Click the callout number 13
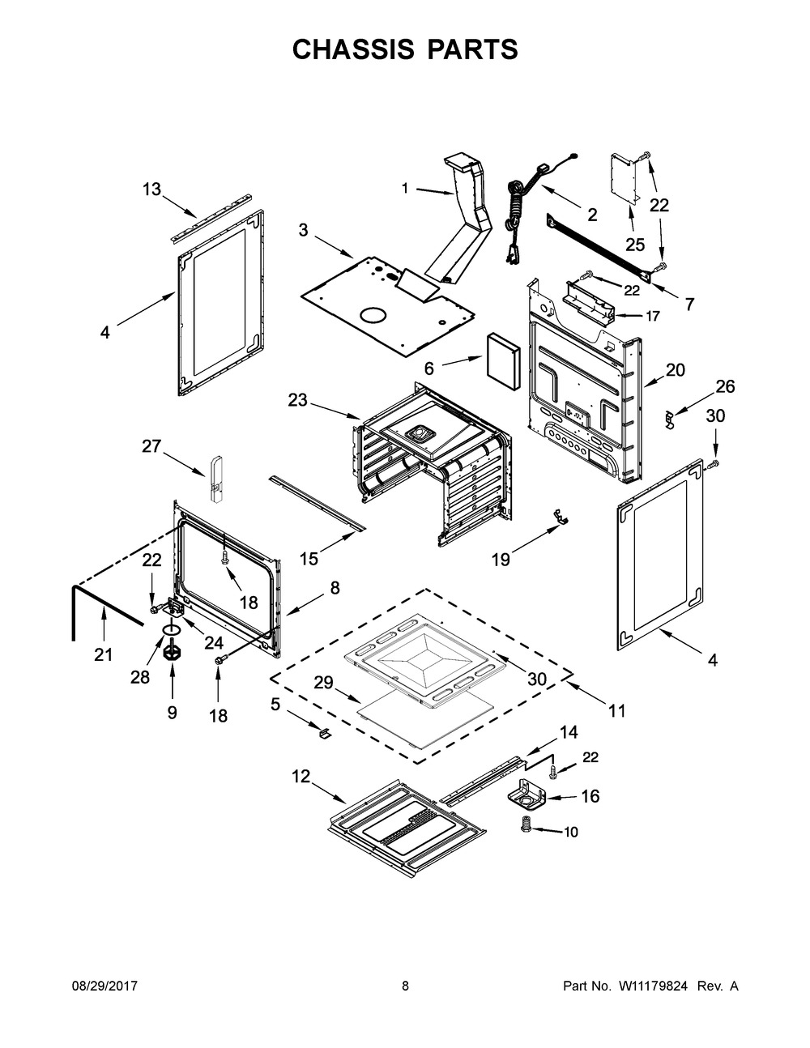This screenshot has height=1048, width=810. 151,190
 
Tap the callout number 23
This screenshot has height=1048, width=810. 297,400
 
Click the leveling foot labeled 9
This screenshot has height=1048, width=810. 171,652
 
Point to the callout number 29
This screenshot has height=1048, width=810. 323,683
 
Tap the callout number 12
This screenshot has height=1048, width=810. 301,776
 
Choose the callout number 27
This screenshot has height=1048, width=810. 151,445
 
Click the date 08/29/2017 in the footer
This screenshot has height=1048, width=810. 104,986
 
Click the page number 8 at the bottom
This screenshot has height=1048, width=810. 405,986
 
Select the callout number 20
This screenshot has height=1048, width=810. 675,370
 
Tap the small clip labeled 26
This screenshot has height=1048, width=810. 669,418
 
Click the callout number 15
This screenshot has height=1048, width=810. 309,559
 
